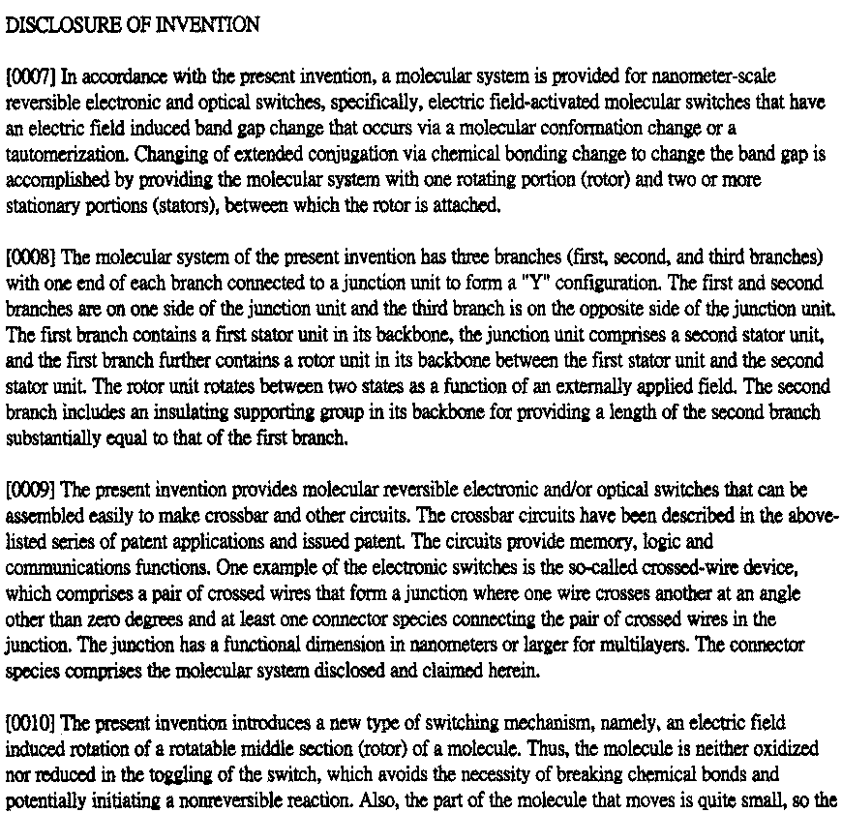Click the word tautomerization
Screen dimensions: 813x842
[x=67, y=155]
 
